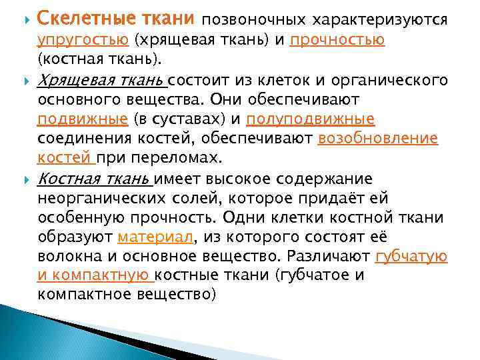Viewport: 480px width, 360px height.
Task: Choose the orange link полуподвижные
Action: pos(310,119)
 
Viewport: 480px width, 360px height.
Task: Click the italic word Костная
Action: pos(67,179)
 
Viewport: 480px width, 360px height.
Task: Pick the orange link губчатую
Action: pos(411,256)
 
